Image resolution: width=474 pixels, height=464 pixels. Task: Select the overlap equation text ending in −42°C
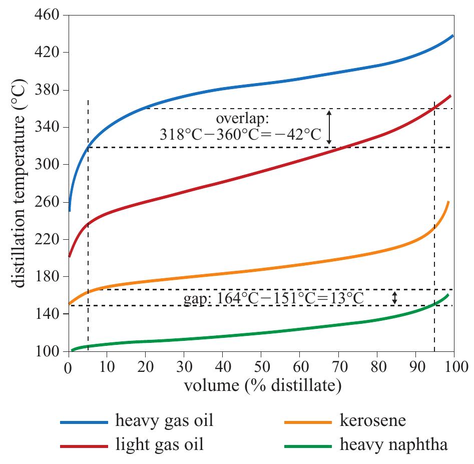pyautogui.click(x=240, y=135)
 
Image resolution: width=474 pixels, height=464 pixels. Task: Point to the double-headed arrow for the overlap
pyautogui.click(x=329, y=127)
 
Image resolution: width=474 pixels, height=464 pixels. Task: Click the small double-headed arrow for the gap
pyautogui.click(x=395, y=298)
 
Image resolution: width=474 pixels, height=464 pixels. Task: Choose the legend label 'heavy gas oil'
pyautogui.click(x=164, y=420)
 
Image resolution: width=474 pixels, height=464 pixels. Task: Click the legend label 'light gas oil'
pyautogui.click(x=160, y=443)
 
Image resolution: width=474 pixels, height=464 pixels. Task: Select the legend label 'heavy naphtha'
pyautogui.click(x=394, y=443)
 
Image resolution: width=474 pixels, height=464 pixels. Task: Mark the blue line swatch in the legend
pyautogui.click(x=84, y=422)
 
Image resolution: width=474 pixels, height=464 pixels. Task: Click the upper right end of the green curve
pyautogui.click(x=448, y=294)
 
